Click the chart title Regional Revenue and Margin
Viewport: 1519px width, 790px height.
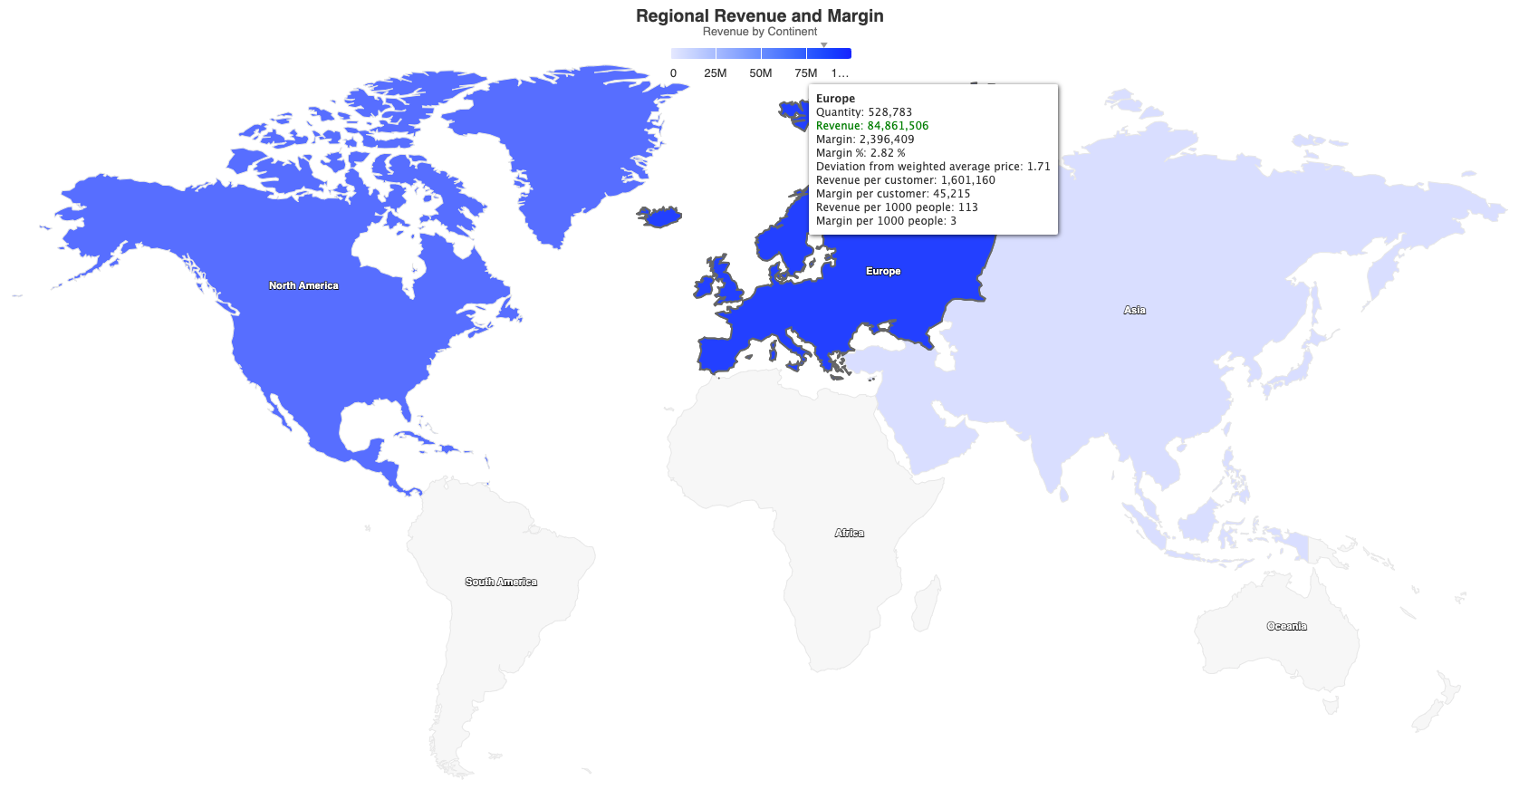[x=759, y=16]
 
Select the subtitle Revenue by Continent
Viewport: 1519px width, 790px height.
[x=759, y=32]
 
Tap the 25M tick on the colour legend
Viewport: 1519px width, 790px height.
[x=715, y=73]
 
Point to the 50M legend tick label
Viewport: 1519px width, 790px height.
[x=760, y=73]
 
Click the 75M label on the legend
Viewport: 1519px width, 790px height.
[x=805, y=73]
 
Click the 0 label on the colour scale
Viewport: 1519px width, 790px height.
[x=673, y=73]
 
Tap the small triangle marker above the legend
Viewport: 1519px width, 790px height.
[x=823, y=44]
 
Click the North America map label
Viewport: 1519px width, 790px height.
[x=303, y=285]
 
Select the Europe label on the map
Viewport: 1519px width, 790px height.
[x=883, y=271]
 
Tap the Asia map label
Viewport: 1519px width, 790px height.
[x=1134, y=310]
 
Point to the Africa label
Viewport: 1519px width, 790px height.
[x=849, y=533]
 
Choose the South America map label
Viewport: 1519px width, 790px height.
[x=501, y=582]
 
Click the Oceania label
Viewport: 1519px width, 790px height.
[x=1286, y=626]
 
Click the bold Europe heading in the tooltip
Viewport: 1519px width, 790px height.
[x=835, y=99]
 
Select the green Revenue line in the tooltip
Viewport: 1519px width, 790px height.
[x=871, y=126]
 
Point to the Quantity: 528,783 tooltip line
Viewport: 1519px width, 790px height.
[x=863, y=112]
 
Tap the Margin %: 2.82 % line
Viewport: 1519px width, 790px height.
[x=860, y=153]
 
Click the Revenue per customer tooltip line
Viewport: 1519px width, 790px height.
[x=905, y=180]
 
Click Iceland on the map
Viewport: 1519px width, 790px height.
[x=660, y=217]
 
